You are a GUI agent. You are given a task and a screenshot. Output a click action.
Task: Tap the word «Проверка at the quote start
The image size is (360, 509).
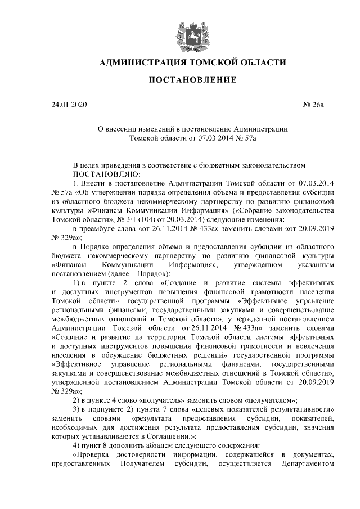(x=93, y=454)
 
